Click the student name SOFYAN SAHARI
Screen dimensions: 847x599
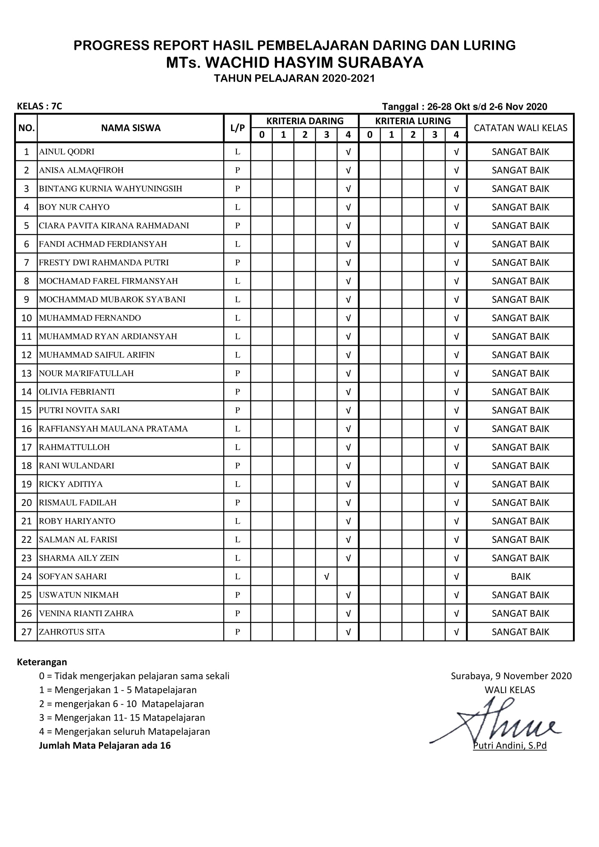click(x=73, y=576)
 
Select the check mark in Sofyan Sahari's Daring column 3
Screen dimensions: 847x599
click(x=326, y=576)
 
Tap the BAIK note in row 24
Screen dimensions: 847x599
click(x=520, y=576)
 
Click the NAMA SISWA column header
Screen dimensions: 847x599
click(x=131, y=128)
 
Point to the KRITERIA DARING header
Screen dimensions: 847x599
click(x=305, y=121)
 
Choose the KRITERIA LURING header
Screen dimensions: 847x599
click(x=413, y=121)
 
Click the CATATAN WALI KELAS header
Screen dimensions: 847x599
click(x=520, y=128)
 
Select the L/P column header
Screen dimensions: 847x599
click(x=237, y=128)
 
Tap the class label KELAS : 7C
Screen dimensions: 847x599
click(x=39, y=106)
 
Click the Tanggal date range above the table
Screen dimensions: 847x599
click(x=464, y=107)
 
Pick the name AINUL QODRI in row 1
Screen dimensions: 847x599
click(x=67, y=152)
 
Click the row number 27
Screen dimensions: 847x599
click(x=26, y=632)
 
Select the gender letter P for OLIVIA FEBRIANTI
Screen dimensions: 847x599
click(x=238, y=392)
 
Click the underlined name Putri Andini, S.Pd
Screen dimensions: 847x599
click(x=510, y=746)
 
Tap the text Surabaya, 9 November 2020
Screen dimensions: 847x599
click(x=511, y=676)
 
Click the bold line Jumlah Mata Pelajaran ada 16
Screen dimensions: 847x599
click(x=105, y=746)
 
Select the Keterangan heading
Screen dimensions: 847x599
click(x=42, y=662)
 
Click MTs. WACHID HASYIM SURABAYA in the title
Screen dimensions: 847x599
click(x=294, y=63)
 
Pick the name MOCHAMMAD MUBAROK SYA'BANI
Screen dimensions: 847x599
click(x=112, y=299)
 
